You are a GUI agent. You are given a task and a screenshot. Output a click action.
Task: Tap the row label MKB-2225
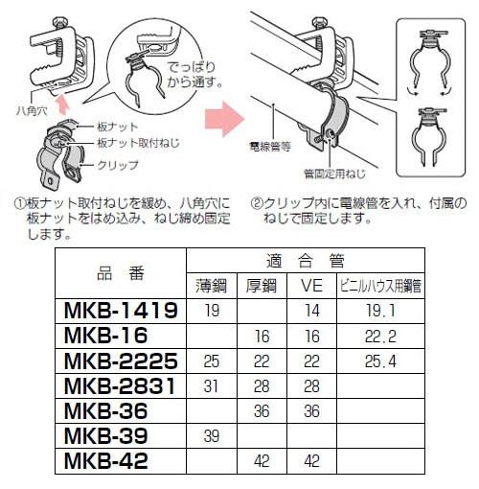tap(121, 360)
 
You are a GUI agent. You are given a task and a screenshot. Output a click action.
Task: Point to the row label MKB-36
tap(104, 409)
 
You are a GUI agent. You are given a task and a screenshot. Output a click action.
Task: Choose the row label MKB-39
tap(104, 434)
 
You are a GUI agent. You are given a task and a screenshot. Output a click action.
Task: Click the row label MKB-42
tap(104, 459)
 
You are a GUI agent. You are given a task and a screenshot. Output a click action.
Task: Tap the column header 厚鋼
tap(260, 285)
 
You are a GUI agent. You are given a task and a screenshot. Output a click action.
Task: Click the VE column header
tap(310, 285)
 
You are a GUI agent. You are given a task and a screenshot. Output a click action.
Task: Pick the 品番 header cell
tap(121, 272)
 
